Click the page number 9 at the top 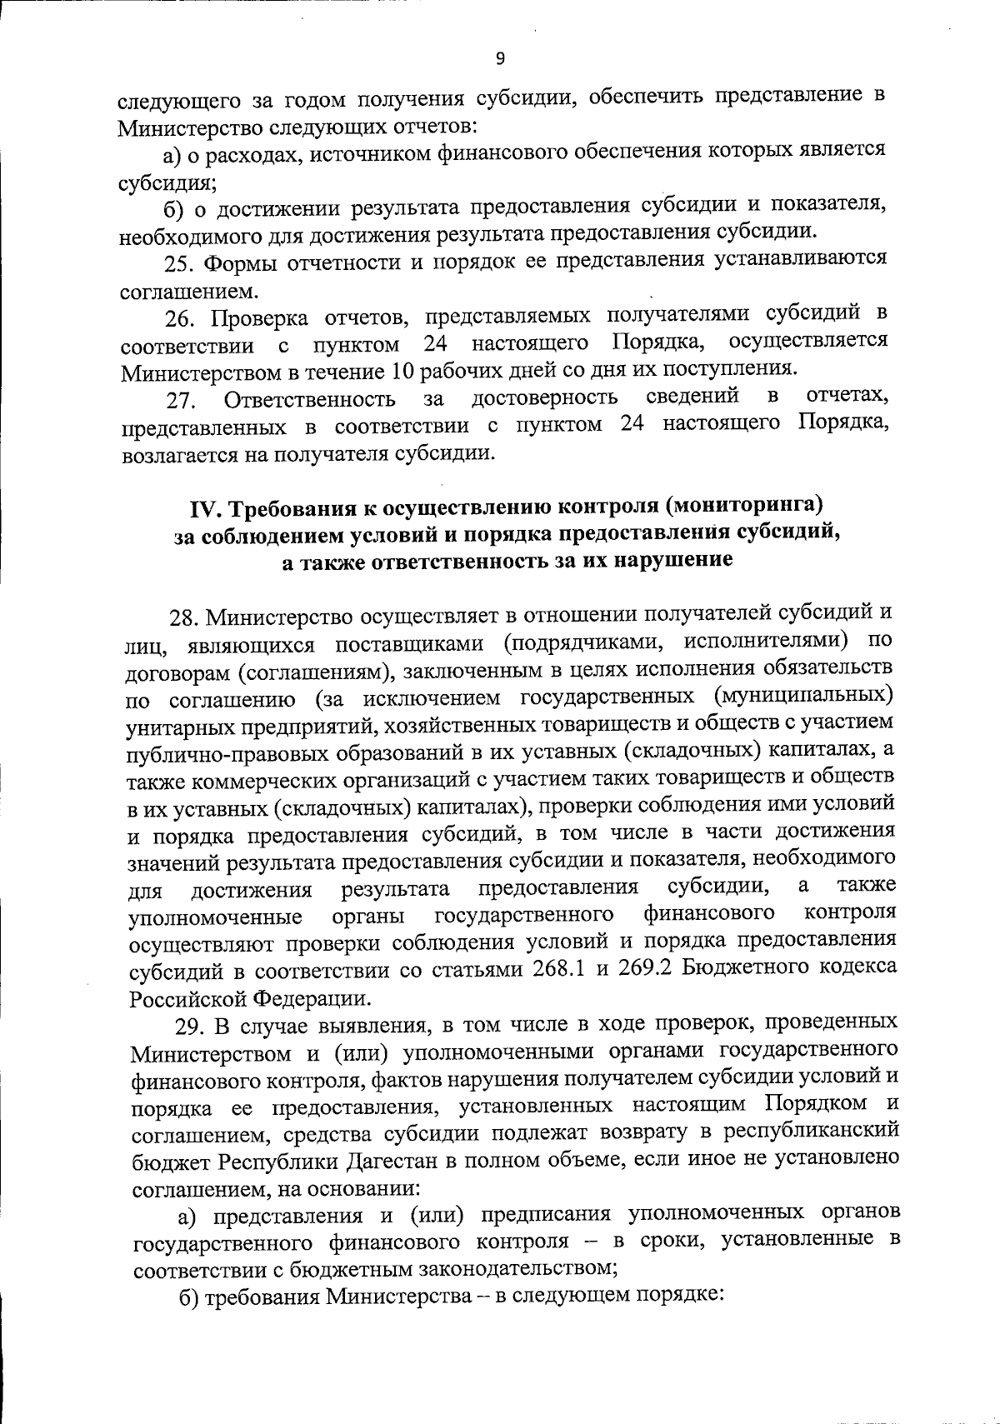pos(500,57)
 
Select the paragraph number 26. pos(178,318)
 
